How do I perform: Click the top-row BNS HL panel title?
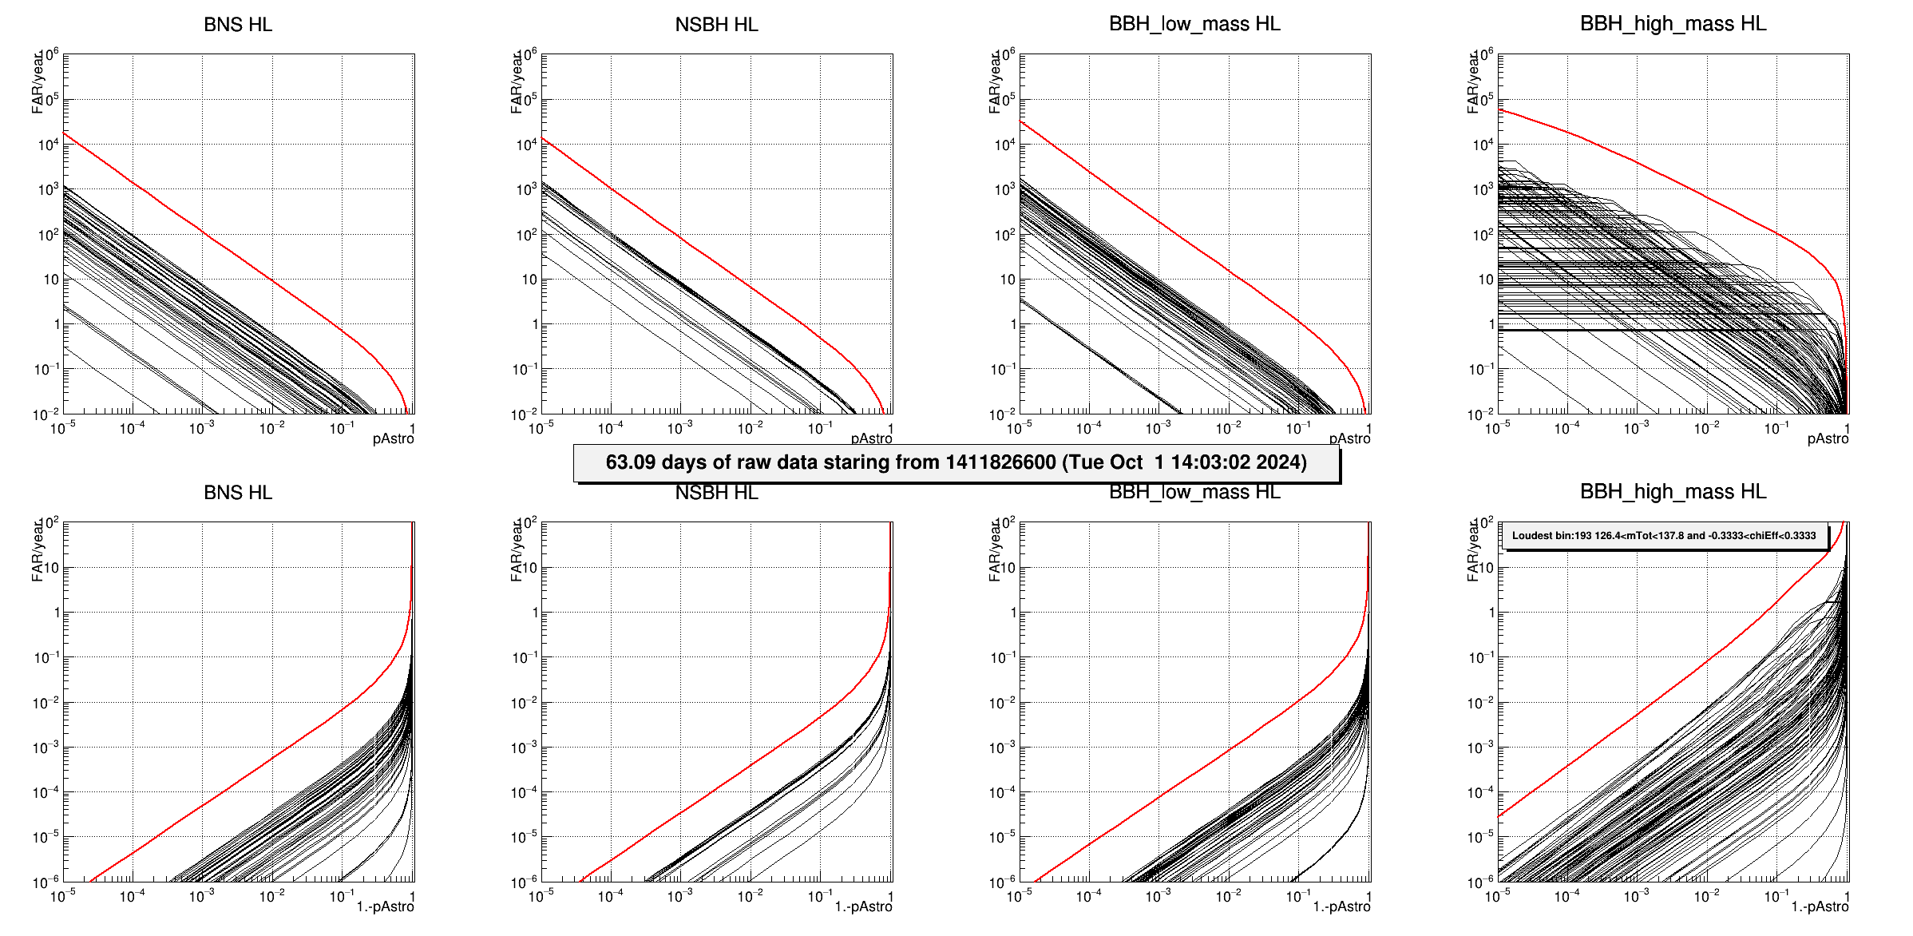pos(238,25)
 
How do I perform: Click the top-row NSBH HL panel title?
pos(716,25)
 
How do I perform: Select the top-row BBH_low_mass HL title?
pos(1194,24)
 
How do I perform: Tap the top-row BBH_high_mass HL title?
pos(1673,24)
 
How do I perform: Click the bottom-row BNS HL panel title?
pos(238,493)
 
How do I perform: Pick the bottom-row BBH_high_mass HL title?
pos(1673,492)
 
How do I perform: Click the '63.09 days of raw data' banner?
pos(956,463)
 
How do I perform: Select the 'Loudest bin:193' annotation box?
pos(1664,536)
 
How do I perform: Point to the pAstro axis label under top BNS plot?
pos(393,439)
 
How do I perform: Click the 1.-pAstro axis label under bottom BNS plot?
pos(385,907)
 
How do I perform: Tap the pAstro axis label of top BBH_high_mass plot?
pos(1828,439)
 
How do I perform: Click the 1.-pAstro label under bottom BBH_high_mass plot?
pos(1820,907)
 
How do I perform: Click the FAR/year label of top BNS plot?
pos(37,82)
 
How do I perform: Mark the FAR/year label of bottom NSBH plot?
pos(516,550)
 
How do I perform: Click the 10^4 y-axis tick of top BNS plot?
pos(48,145)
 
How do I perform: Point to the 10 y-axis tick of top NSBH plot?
pos(529,280)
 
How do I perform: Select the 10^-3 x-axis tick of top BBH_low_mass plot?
pos(1158,429)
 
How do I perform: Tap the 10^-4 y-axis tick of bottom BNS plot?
pos(46,793)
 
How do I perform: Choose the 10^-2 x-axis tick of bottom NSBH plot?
pos(750,897)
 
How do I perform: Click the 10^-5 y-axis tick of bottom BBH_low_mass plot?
pos(1003,838)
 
